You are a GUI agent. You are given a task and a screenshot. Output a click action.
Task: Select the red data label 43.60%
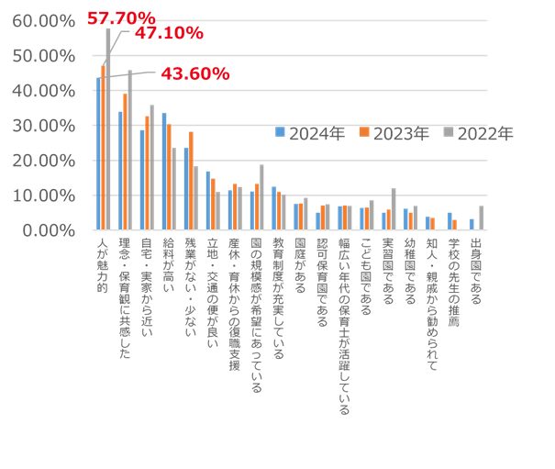point(194,73)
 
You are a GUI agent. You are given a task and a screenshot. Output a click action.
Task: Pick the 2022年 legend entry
point(478,134)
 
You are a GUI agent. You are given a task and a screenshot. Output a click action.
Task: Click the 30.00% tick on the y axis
point(43,126)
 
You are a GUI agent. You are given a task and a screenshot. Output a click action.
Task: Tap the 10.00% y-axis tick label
point(43,195)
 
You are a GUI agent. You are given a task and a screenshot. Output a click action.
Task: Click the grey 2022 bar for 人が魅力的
point(108,128)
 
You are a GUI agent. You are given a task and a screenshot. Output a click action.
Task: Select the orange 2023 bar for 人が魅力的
point(104,147)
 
